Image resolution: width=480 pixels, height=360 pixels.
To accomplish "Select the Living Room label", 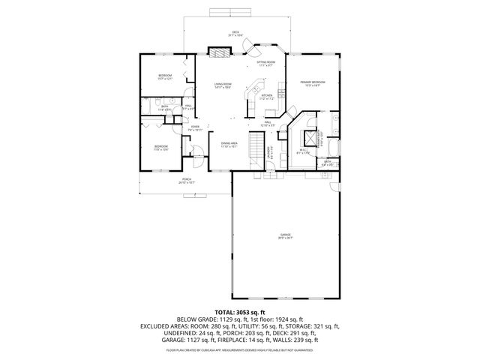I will tap(222, 85).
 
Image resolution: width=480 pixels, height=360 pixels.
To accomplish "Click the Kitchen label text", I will tap(266, 96).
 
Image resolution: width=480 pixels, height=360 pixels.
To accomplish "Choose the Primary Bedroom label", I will tap(312, 82).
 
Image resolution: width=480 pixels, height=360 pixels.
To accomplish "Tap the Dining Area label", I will tap(229, 144).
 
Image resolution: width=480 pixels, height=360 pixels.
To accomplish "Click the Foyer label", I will tap(195, 128).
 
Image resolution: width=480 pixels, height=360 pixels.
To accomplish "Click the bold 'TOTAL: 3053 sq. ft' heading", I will tap(240, 311).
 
